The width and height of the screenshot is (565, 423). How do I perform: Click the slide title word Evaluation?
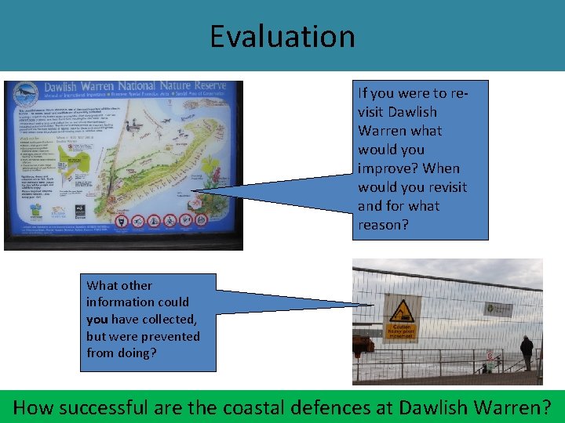(282, 36)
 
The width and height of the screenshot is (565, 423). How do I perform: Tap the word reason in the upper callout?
(383, 225)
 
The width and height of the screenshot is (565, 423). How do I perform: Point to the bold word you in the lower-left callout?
(97, 319)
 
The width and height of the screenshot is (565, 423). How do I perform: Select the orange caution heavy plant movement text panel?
(401, 331)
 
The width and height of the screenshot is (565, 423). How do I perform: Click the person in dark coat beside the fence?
(526, 352)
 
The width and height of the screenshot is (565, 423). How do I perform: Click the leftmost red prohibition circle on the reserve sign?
(121, 222)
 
